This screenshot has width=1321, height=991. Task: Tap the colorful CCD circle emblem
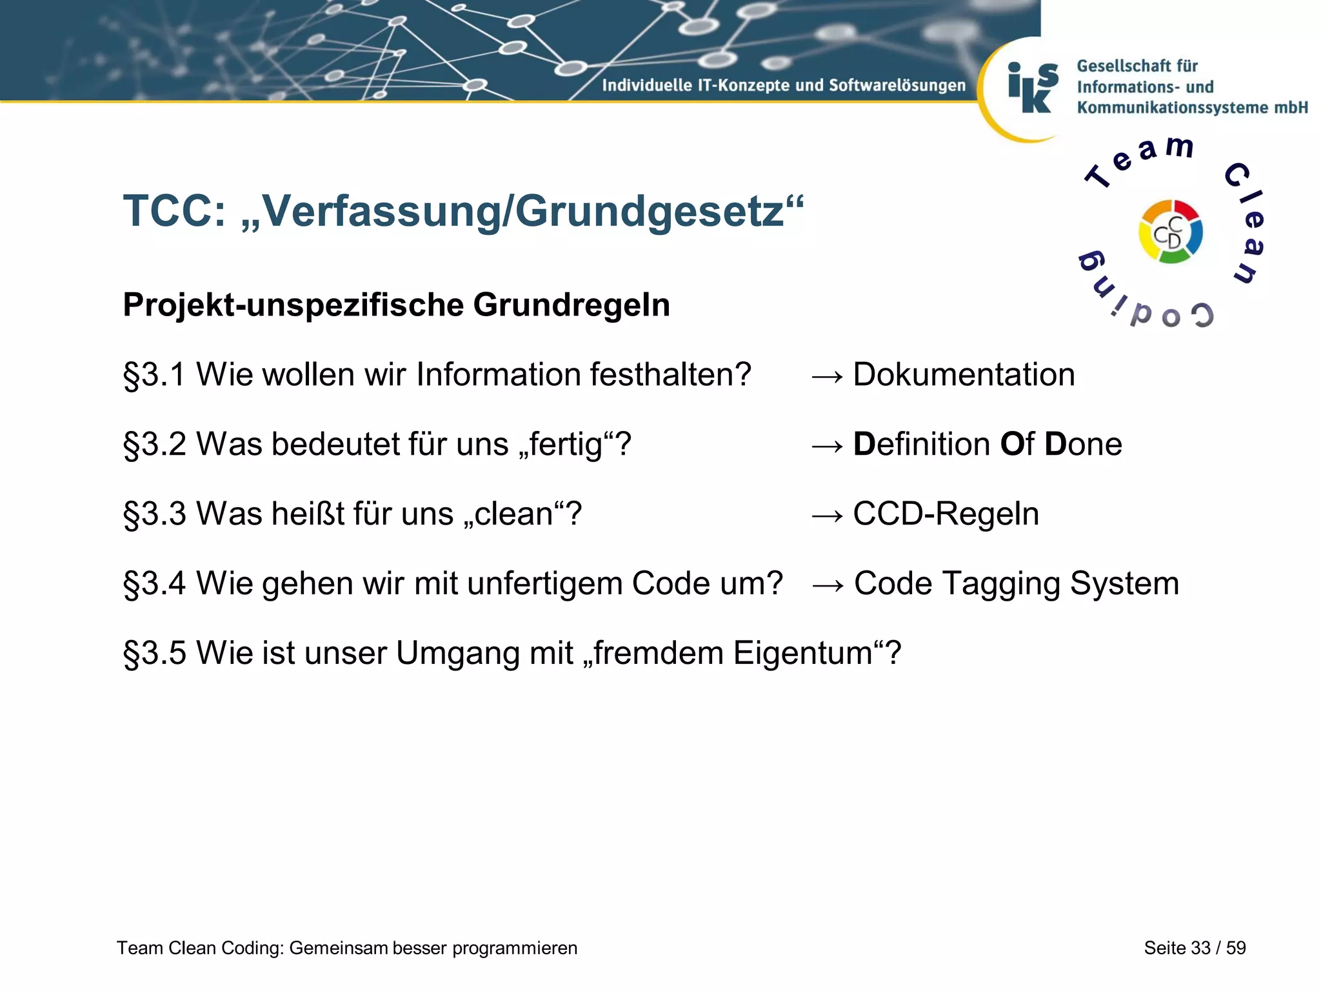coord(1170,232)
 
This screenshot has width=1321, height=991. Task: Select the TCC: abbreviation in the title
coord(175,211)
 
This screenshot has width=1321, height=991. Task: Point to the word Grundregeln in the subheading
coord(571,305)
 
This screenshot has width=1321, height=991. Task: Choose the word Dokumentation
coord(964,375)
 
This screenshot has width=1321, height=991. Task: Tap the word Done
coord(1083,445)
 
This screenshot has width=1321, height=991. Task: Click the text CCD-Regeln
coord(946,514)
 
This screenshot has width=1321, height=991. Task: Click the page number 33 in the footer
coord(1200,948)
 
